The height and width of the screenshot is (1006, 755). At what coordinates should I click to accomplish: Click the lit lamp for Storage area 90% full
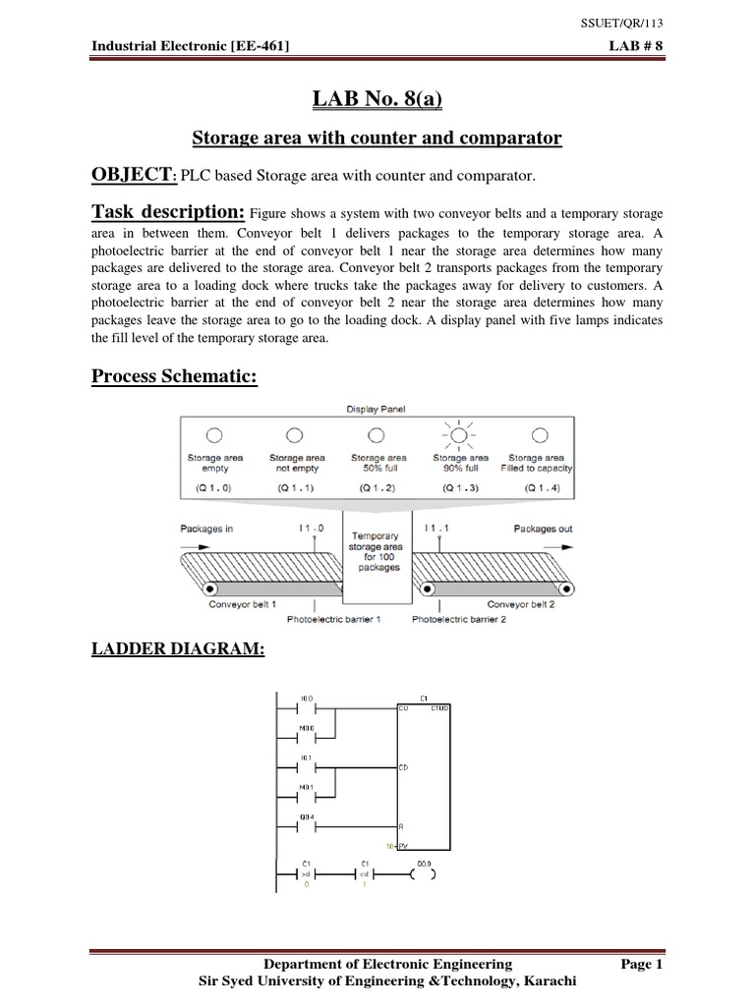[458, 434]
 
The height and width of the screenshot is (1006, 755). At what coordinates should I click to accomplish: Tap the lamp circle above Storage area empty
[214, 434]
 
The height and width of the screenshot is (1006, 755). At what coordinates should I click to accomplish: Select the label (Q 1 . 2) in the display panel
[377, 486]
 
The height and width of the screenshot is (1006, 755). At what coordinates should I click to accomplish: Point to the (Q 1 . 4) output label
[540, 486]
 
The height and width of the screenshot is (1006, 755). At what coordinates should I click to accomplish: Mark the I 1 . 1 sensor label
[438, 530]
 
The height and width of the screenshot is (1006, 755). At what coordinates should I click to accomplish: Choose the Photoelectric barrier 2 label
[459, 620]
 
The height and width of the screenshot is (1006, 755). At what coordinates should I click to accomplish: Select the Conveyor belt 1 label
[243, 604]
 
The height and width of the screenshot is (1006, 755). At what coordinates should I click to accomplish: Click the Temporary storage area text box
[377, 553]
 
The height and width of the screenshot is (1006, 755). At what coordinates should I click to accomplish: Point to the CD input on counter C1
[404, 766]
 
